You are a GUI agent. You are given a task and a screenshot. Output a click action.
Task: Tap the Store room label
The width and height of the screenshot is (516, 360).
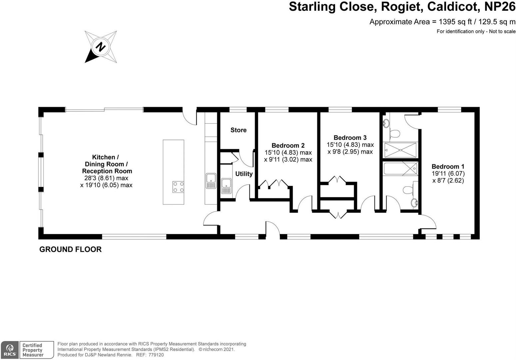tap(239, 130)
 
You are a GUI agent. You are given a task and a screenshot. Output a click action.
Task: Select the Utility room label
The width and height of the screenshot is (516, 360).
tap(244, 174)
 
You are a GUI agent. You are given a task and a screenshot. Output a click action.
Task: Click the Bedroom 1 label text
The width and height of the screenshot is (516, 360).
tap(448, 166)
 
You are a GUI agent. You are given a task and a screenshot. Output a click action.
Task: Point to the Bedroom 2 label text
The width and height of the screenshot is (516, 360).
tap(288, 145)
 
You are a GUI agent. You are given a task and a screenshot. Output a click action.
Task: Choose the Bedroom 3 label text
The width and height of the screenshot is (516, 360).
tap(350, 137)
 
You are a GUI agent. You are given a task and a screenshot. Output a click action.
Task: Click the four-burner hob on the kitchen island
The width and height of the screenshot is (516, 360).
tap(178, 187)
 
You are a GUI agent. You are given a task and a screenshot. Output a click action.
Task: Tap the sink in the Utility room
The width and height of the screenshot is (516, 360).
tap(227, 186)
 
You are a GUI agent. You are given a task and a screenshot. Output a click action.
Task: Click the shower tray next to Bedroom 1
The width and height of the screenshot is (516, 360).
tap(400, 150)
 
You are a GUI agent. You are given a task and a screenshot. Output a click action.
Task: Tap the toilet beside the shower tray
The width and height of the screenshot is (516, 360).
tap(394, 134)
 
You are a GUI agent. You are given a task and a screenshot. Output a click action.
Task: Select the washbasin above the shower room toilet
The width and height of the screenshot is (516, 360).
tap(387, 123)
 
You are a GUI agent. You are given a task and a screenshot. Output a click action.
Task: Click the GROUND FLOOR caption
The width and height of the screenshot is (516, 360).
tap(70, 249)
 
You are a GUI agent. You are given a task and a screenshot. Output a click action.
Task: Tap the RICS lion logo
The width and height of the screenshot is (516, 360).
tap(10, 350)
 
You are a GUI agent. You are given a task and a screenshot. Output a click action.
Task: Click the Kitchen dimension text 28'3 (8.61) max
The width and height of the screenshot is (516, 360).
tap(106, 178)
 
